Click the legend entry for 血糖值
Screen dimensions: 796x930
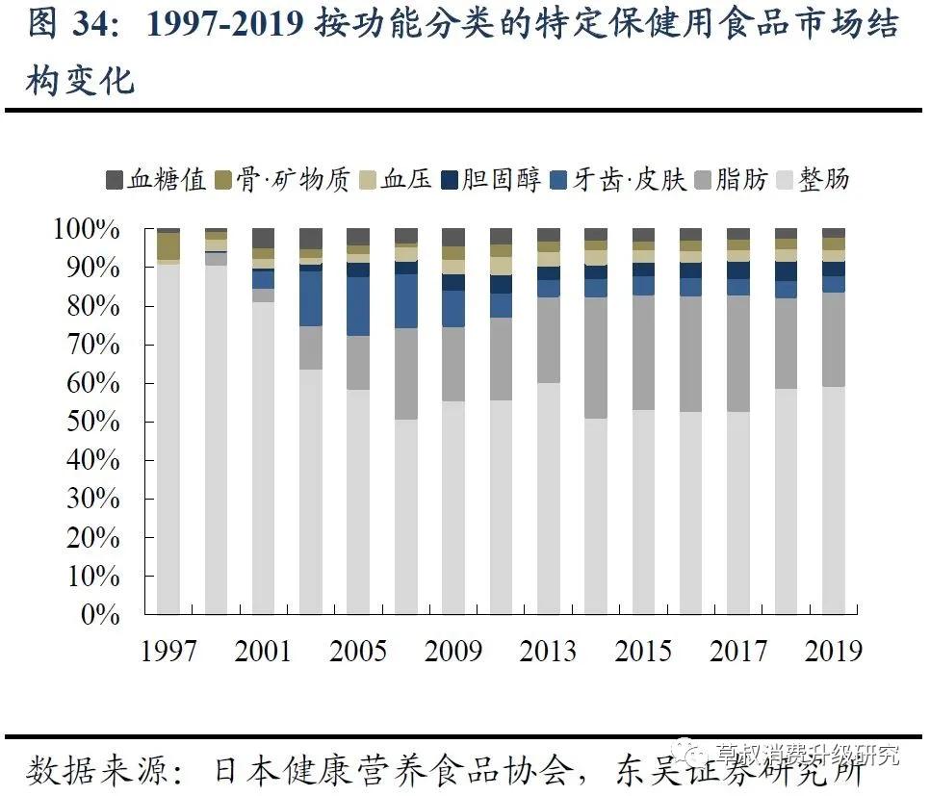155,180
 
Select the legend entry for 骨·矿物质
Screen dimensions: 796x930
281,180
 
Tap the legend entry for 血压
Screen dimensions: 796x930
394,180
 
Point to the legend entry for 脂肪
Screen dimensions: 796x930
729,180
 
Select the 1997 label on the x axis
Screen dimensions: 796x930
168,651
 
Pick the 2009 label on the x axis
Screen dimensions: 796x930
453,651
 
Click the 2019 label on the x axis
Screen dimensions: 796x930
834,651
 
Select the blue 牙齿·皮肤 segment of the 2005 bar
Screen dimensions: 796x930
358,306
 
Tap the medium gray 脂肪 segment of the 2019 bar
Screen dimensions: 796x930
834,340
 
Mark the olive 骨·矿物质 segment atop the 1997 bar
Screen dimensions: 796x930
168,245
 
